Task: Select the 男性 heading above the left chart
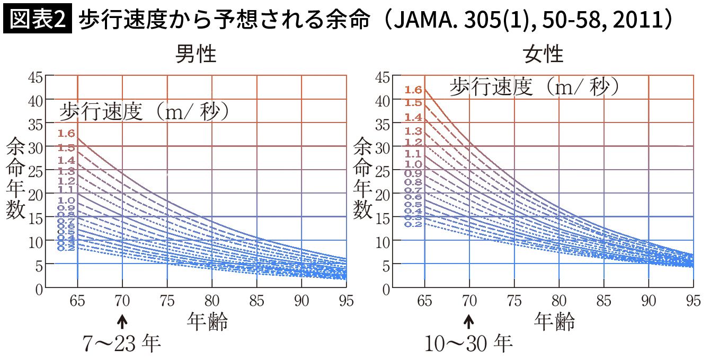point(196,54)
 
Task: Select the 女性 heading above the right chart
point(543,54)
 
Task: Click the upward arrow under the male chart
point(122,321)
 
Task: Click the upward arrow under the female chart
point(469,321)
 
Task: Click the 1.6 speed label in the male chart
point(67,134)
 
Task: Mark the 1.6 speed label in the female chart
point(413,90)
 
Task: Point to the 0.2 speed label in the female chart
point(413,224)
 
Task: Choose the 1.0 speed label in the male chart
point(67,200)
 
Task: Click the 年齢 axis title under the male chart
point(207,321)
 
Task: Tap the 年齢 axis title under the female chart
point(554,321)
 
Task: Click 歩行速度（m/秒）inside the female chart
point(535,86)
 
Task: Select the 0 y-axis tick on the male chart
point(38,289)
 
